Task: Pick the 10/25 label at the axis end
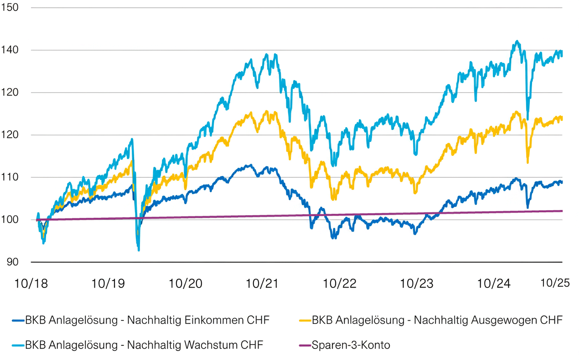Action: tap(555, 283)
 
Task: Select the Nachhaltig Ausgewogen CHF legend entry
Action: tap(437, 320)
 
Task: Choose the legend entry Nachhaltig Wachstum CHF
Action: tap(144, 345)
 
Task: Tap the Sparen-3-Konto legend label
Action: tap(351, 345)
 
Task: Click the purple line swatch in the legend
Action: tap(305, 345)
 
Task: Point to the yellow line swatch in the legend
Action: tap(305, 320)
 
